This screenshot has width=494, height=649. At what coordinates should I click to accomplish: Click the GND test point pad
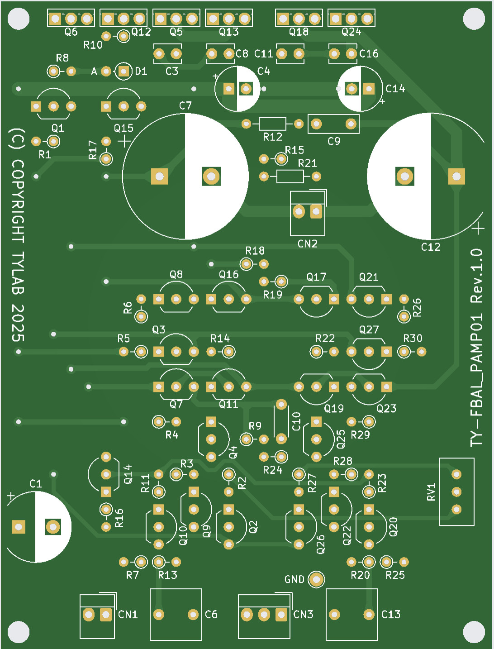(316, 579)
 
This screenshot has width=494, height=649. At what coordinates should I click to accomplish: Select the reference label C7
(185, 106)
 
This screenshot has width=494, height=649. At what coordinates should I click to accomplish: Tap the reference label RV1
(431, 492)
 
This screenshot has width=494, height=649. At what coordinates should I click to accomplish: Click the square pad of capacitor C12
(456, 177)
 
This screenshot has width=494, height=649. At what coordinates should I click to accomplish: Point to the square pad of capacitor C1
(19, 527)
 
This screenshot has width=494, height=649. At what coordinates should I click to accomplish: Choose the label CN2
(308, 244)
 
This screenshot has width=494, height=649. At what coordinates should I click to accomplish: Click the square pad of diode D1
(123, 71)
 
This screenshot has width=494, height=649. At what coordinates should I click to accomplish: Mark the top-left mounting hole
(19, 19)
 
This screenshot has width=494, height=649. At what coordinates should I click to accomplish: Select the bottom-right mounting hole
(474, 631)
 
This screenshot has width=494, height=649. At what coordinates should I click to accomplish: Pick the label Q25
(341, 439)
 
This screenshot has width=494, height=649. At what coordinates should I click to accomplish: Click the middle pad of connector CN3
(264, 615)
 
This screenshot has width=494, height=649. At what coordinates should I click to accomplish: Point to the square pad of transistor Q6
(55, 19)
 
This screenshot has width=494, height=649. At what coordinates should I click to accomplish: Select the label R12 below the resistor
(272, 137)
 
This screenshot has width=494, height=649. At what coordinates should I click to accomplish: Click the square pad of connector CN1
(106, 615)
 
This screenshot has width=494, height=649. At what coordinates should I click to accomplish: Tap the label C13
(391, 615)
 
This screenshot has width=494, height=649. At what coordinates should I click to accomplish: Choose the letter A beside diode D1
(94, 72)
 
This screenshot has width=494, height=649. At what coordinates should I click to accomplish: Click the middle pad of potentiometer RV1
(456, 492)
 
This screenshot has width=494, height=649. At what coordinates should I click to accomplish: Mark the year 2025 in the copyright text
(17, 323)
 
